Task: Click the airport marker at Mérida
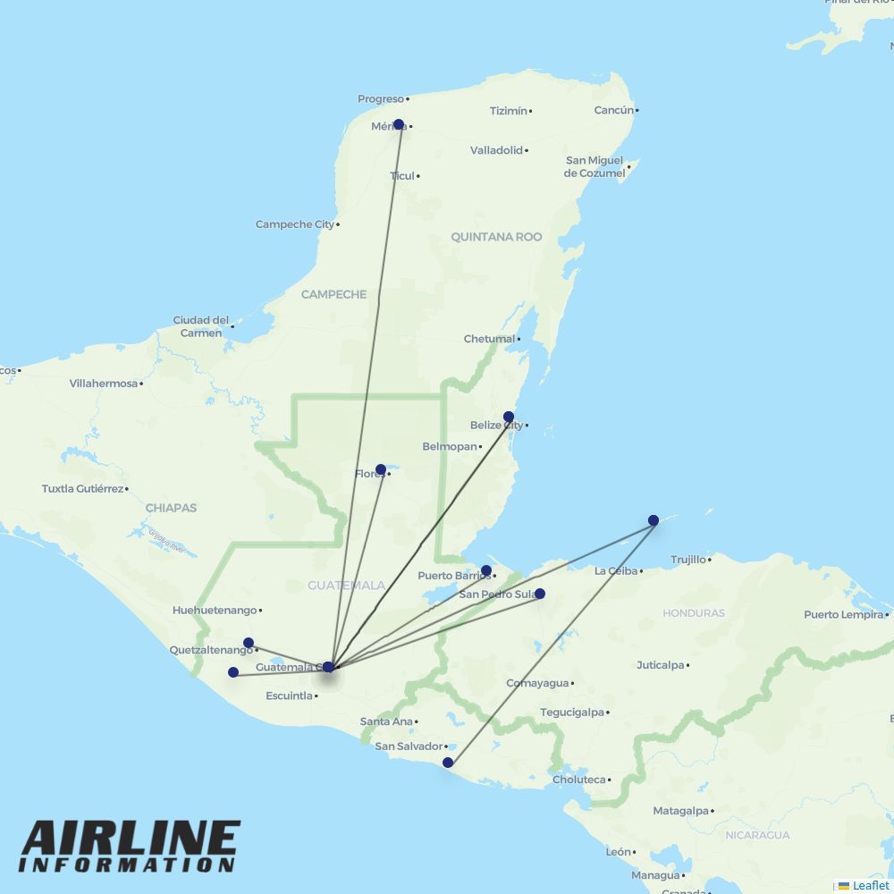click(399, 124)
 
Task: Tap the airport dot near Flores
click(381, 469)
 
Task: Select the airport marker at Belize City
click(509, 417)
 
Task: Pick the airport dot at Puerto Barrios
click(486, 570)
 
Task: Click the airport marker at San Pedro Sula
click(540, 594)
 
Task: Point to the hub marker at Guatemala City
click(328, 667)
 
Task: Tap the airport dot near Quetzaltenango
click(249, 643)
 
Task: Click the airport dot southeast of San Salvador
click(448, 763)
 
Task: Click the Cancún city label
click(614, 110)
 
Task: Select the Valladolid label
click(496, 150)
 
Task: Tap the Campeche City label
click(294, 224)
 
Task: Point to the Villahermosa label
click(104, 384)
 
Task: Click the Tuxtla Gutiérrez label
click(82, 489)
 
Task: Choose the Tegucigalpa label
click(572, 713)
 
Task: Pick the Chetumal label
click(489, 339)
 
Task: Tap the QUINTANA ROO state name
click(496, 237)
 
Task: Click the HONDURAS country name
click(694, 613)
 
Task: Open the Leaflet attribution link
click(870, 885)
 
